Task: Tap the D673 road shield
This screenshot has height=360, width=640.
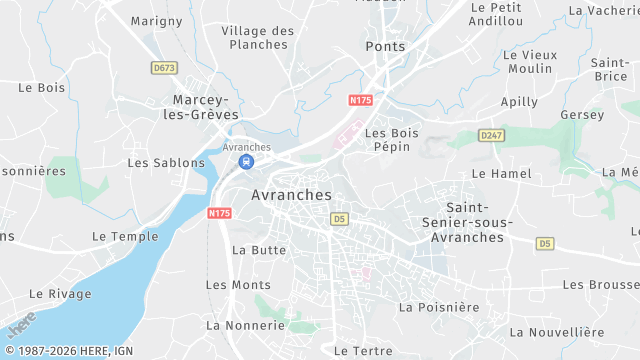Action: point(164,68)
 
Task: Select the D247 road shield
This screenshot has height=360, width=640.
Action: point(491,135)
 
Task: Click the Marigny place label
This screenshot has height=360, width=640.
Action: point(156,20)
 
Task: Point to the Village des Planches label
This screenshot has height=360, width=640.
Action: point(258,37)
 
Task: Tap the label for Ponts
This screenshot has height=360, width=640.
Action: point(385,47)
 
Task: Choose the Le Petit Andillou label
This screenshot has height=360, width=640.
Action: point(496,13)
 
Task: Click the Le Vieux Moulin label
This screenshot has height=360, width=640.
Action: point(530,61)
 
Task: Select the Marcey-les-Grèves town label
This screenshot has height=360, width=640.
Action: point(206,107)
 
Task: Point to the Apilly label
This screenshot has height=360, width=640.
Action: point(519,102)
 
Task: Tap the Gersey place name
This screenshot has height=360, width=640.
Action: point(582,115)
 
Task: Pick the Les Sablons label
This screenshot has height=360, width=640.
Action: point(166,162)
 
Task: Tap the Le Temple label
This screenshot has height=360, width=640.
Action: point(125,237)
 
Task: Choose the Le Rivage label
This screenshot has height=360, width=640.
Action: point(60,294)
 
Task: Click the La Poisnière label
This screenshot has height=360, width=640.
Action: point(439,307)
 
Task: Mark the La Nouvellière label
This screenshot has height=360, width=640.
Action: point(557,332)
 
